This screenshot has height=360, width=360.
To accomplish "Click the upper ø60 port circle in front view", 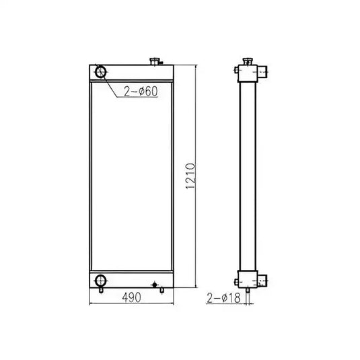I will point(100,71).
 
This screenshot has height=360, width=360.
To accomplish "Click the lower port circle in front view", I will point(100,281).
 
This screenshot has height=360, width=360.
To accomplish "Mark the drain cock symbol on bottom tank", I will point(154,285).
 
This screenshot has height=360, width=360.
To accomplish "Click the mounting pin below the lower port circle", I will point(100,292).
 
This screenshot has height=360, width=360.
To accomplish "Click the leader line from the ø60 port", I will point(112,85).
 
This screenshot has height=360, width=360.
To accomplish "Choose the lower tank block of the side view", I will point(248,278).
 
